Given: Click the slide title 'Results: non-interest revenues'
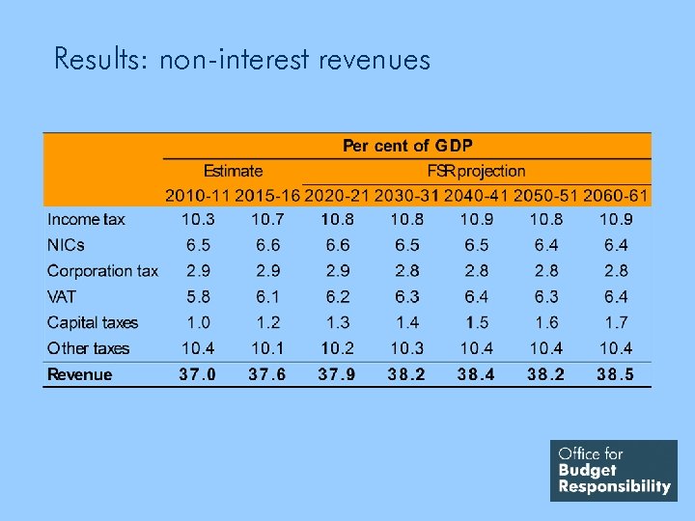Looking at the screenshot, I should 242,60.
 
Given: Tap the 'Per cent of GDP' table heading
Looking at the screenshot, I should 407,146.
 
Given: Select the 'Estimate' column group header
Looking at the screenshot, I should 233,171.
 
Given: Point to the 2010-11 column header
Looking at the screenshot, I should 198,196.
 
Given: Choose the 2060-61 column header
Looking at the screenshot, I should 617,196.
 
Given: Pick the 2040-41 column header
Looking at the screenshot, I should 477,196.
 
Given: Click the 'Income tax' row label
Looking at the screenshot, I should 86,220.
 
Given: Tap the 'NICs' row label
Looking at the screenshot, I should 66,245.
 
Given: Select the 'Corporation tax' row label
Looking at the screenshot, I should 102,271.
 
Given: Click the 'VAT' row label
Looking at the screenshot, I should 63,297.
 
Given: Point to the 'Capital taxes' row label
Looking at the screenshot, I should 93,322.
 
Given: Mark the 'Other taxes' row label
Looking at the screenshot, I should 88,348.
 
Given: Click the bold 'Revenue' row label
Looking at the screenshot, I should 80,374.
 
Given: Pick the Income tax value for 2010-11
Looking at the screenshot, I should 198,220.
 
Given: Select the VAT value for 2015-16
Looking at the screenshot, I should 267,297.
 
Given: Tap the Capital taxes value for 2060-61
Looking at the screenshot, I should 617,322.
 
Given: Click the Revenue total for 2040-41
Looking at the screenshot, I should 477,374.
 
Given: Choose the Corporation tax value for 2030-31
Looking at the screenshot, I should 407,271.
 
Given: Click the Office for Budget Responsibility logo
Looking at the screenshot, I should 614,470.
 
